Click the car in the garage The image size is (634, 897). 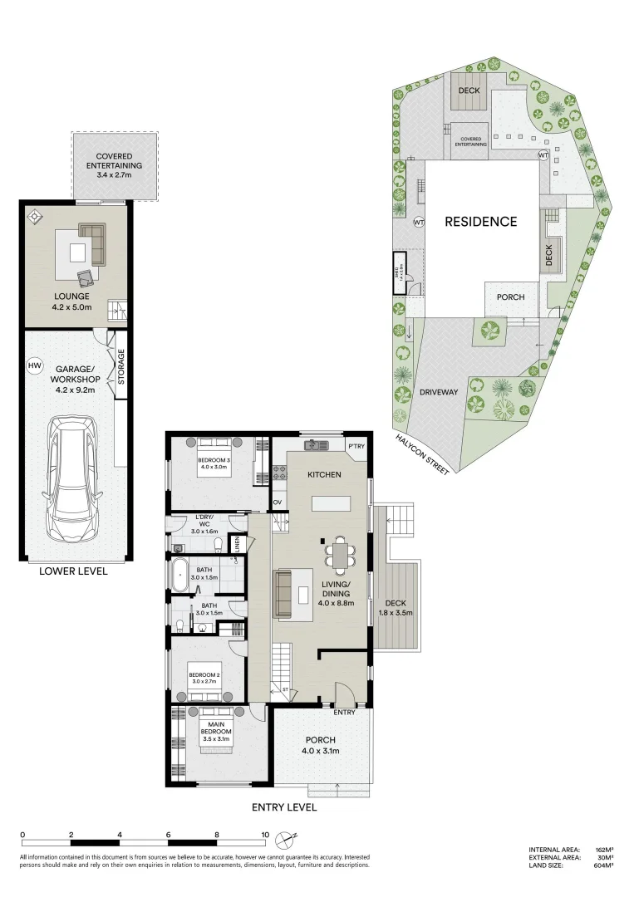tap(74, 478)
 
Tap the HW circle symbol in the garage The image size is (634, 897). tap(35, 365)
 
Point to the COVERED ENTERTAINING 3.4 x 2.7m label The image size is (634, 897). tap(114, 165)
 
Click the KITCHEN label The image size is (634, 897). tap(325, 474)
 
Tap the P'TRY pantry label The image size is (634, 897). tap(356, 446)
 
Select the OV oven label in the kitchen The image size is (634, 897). tap(278, 502)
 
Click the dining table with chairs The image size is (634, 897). tap(338, 555)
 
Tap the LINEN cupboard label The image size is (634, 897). tap(238, 545)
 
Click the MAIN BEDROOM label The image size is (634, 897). tap(214, 734)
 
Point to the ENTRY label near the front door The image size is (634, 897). tap(344, 712)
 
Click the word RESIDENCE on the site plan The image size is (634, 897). tap(480, 222)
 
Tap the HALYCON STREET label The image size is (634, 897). tap(422, 454)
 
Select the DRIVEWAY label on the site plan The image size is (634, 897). tap(438, 392)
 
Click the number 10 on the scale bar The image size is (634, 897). tap(265, 835)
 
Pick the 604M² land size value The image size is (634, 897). tap(604, 865)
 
